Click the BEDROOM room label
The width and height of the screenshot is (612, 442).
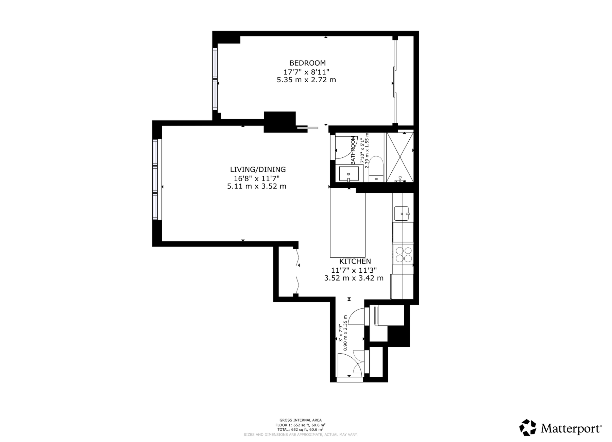[307, 63]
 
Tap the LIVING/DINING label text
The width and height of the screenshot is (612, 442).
[258, 169]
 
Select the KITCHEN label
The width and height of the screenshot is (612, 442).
[355, 261]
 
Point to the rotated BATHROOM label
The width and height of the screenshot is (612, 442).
[353, 150]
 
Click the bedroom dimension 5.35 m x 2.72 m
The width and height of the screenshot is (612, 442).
[306, 80]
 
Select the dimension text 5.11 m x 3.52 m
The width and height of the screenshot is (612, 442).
[256, 186]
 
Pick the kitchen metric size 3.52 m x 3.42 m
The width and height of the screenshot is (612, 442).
[354, 278]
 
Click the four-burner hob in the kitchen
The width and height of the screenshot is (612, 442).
[403, 254]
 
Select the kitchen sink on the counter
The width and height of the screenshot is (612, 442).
[402, 214]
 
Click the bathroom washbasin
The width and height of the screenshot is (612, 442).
[348, 174]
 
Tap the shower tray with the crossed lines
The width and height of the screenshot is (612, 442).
[399, 157]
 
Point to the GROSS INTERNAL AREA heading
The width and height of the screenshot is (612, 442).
[300, 420]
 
